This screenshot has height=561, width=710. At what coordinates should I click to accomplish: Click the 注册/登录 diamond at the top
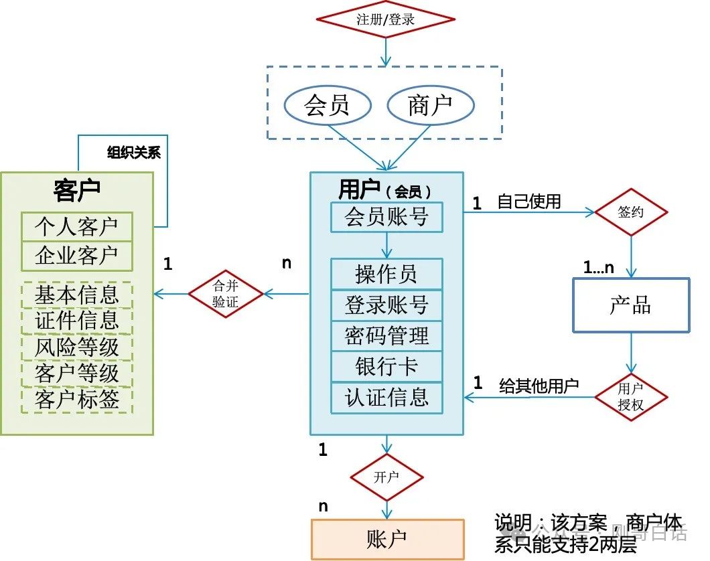(385, 19)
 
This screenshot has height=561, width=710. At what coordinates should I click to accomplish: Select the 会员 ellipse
(328, 105)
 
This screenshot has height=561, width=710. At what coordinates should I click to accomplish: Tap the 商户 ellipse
(431, 105)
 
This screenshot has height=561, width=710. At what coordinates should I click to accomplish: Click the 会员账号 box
(386, 217)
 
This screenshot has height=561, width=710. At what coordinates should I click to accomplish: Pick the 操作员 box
(386, 274)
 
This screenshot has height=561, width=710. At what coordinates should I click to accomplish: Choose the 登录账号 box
(386, 305)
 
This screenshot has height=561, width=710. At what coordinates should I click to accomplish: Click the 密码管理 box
(386, 335)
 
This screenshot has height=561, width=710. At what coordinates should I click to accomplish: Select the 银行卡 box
(386, 366)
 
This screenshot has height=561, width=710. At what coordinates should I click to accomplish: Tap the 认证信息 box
(386, 398)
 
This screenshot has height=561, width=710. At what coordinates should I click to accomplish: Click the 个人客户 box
(76, 227)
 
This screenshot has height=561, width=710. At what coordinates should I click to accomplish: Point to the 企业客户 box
(76, 256)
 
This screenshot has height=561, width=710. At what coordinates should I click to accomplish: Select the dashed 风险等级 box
(76, 347)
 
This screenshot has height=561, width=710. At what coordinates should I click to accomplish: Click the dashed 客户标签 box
(76, 400)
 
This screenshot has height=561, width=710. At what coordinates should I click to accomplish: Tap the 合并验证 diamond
(226, 293)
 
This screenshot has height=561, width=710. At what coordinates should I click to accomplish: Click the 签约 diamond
(631, 212)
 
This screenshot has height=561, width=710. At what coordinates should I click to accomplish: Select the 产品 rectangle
(630, 305)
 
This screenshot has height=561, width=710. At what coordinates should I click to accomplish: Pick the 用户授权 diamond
(631, 397)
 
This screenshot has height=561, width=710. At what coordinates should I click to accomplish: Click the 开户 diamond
(386, 477)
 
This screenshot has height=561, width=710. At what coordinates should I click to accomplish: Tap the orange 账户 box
(386, 539)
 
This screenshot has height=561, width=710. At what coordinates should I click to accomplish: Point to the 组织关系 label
(134, 153)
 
